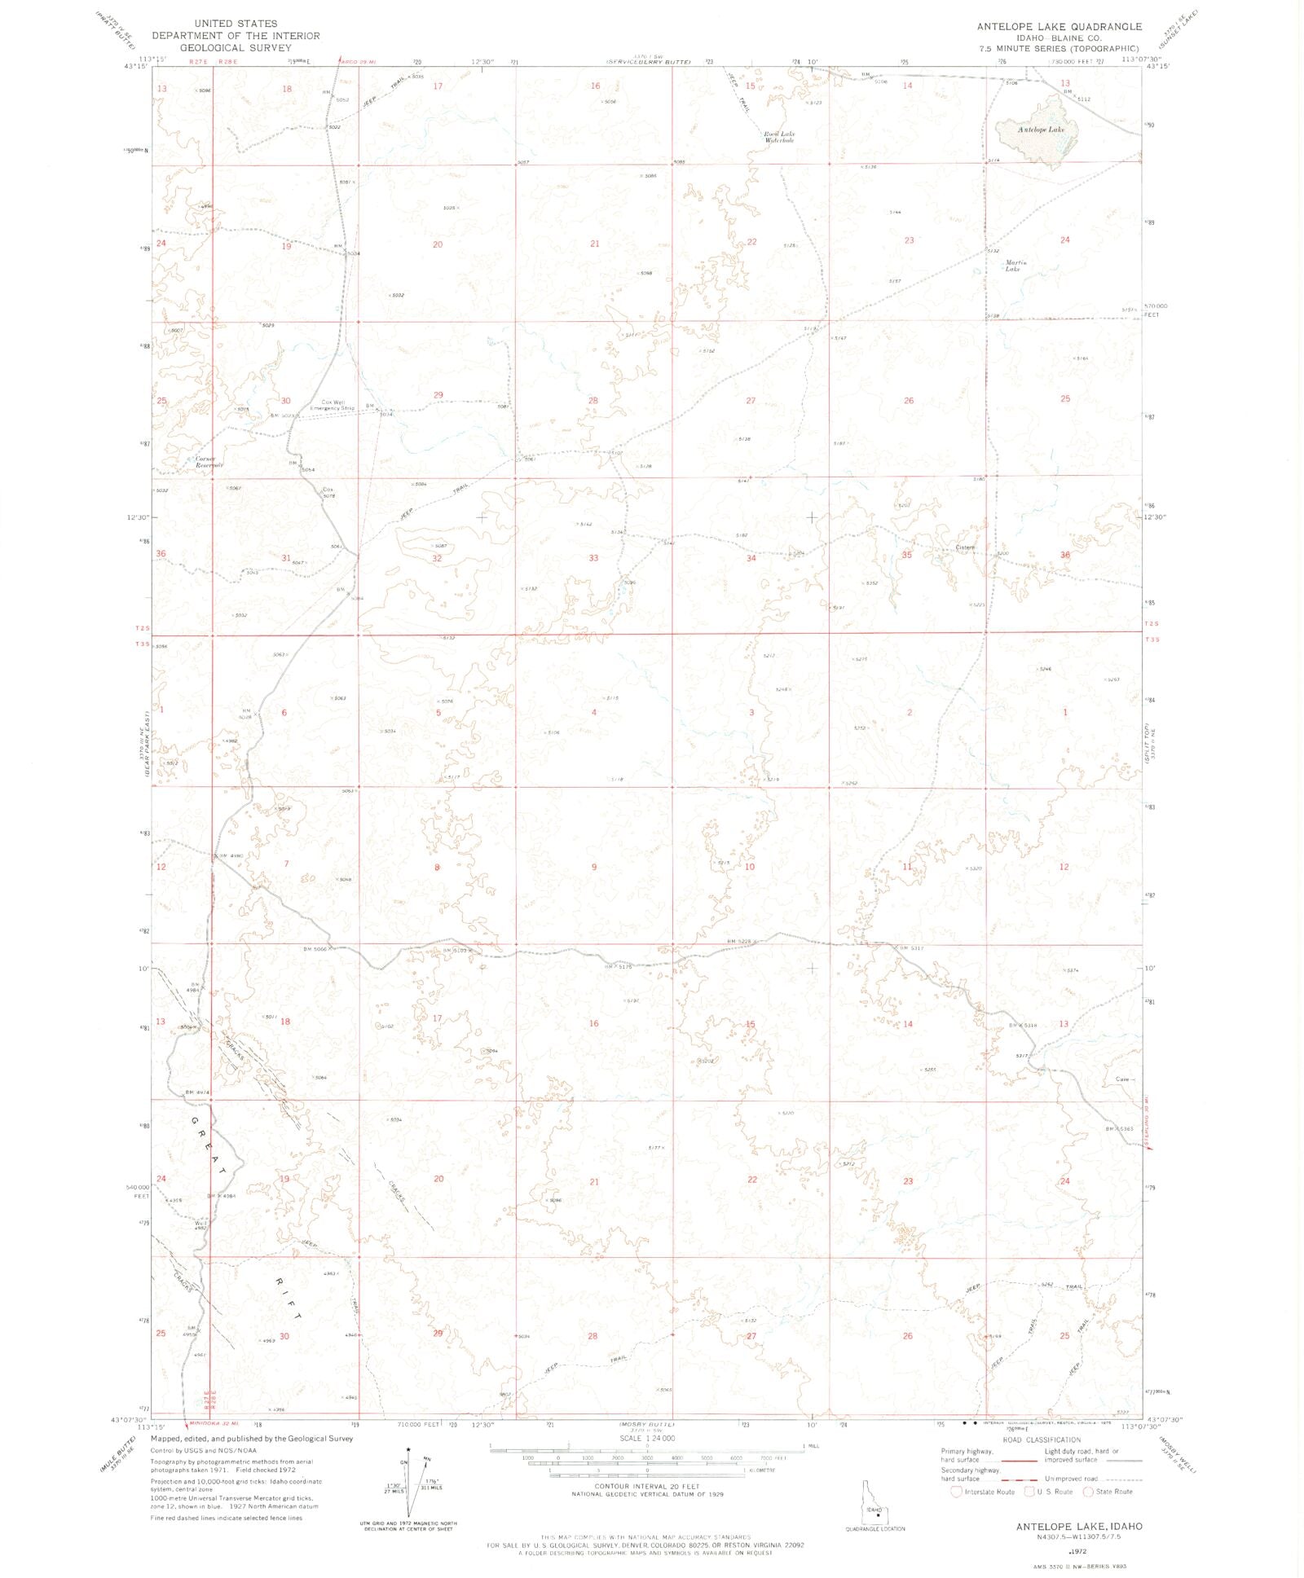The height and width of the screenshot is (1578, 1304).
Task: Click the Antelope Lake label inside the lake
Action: click(x=1041, y=130)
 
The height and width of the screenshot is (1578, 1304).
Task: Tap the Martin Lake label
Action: click(x=1014, y=265)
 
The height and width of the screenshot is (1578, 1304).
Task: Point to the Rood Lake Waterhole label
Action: click(x=778, y=137)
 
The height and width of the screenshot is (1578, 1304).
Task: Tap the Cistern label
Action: click(x=965, y=547)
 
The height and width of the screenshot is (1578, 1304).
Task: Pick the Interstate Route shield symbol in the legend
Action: click(x=958, y=1492)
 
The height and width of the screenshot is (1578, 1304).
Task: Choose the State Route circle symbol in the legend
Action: click(x=1088, y=1492)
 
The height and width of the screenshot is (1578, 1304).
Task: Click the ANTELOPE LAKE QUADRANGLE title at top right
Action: click(x=1059, y=26)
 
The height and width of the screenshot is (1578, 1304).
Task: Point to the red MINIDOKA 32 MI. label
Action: click(x=211, y=1425)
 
